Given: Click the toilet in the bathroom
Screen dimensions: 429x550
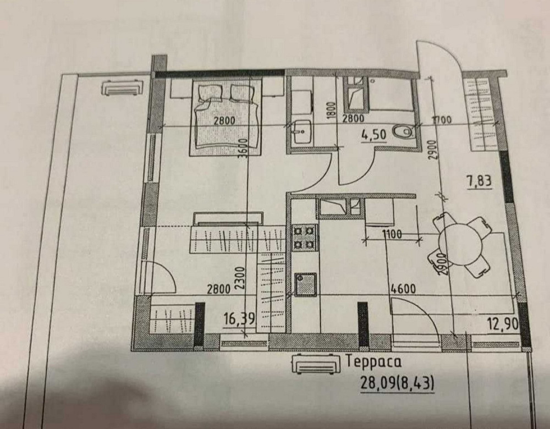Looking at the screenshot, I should coord(403,133).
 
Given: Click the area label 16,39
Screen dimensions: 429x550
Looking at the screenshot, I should coord(239,319).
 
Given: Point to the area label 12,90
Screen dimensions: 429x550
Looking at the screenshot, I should coord(502,324).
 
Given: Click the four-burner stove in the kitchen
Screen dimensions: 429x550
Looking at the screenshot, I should coord(304,237).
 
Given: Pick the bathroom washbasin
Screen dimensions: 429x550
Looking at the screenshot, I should coord(301,133).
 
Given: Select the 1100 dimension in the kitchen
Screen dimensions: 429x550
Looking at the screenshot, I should coord(392,235).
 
